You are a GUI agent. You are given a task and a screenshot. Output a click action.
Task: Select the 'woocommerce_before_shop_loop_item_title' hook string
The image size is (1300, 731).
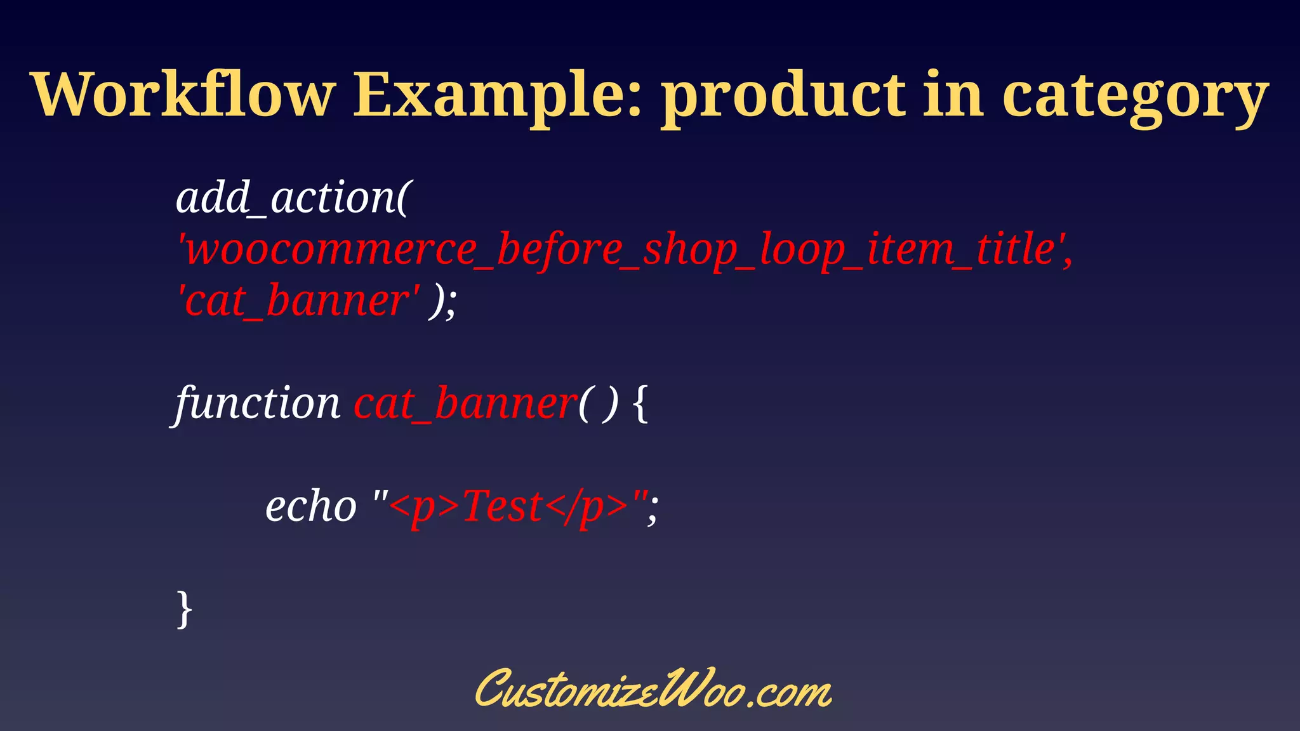click(625, 249)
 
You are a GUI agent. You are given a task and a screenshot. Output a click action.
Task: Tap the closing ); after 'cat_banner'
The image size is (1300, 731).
click(442, 301)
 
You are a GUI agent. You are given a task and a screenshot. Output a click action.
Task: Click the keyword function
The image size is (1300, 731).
click(258, 404)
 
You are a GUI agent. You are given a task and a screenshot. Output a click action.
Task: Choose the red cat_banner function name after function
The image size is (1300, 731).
click(465, 404)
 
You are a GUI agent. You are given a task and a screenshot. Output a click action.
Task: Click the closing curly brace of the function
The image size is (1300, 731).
click(184, 609)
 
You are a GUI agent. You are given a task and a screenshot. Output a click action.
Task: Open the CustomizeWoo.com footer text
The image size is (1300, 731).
click(653, 689)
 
